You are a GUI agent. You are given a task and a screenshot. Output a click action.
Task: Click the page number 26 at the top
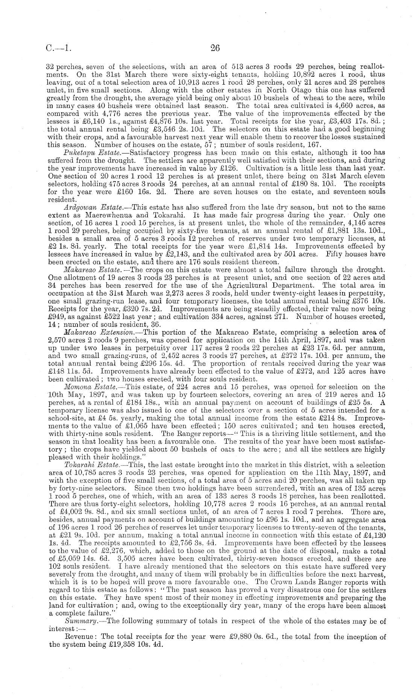pyautogui.click(x=215, y=48)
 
